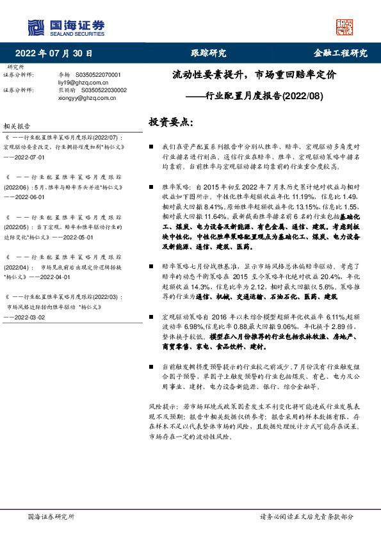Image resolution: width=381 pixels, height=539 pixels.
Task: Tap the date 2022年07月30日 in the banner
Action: click(x=54, y=53)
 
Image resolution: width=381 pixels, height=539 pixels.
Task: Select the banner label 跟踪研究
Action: click(x=209, y=53)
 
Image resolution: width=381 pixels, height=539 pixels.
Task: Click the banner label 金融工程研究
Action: click(x=340, y=53)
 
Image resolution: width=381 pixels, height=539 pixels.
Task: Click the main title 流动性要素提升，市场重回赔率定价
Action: click(x=254, y=75)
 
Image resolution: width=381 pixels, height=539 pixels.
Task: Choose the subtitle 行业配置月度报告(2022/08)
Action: click(x=254, y=97)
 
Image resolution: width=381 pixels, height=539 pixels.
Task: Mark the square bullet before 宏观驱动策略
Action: click(x=151, y=318)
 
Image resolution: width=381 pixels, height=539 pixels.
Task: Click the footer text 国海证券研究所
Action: click(x=51, y=516)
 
